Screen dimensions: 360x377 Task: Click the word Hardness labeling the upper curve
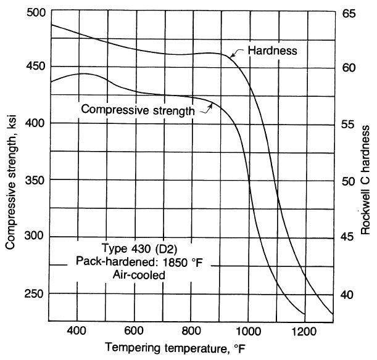pyautogui.click(x=272, y=50)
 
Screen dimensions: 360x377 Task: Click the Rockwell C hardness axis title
pyautogui.click(x=366, y=179)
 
